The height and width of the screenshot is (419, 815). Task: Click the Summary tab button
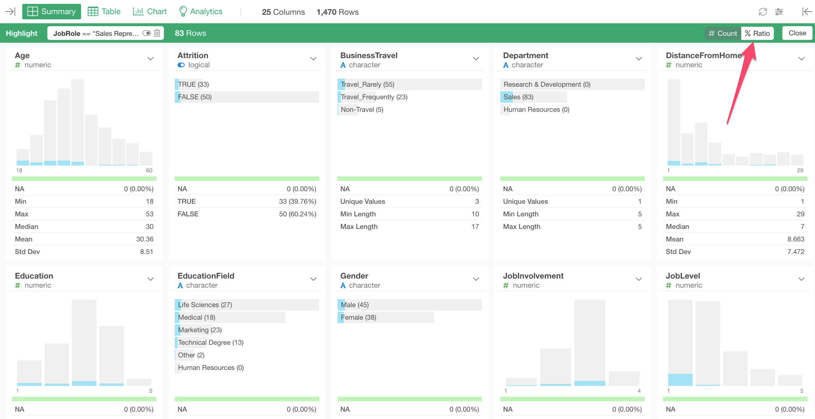(x=51, y=11)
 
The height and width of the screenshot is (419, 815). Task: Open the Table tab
(x=104, y=11)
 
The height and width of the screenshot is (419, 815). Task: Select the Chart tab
(x=150, y=11)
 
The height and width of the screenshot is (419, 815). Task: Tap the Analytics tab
(x=200, y=11)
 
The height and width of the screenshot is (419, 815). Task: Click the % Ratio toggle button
(x=757, y=33)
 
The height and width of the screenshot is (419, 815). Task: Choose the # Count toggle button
(x=723, y=33)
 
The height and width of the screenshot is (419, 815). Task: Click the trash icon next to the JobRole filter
(x=157, y=33)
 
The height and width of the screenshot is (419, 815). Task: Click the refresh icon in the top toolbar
(x=763, y=12)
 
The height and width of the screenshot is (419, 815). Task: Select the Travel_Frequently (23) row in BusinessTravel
(x=374, y=97)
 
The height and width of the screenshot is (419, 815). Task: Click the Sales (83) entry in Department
(x=518, y=97)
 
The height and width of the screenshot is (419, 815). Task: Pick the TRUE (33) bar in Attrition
(x=193, y=84)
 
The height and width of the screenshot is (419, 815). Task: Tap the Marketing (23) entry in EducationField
(x=200, y=330)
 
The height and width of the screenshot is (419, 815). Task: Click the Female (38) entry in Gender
(x=358, y=317)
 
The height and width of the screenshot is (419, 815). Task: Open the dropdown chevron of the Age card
(x=150, y=59)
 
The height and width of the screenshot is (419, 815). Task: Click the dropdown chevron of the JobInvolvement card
(x=639, y=279)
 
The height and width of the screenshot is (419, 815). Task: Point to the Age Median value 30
(x=149, y=227)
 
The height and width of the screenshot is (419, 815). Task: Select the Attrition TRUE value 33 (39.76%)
(x=297, y=202)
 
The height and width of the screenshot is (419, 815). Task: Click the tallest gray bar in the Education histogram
(x=84, y=340)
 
